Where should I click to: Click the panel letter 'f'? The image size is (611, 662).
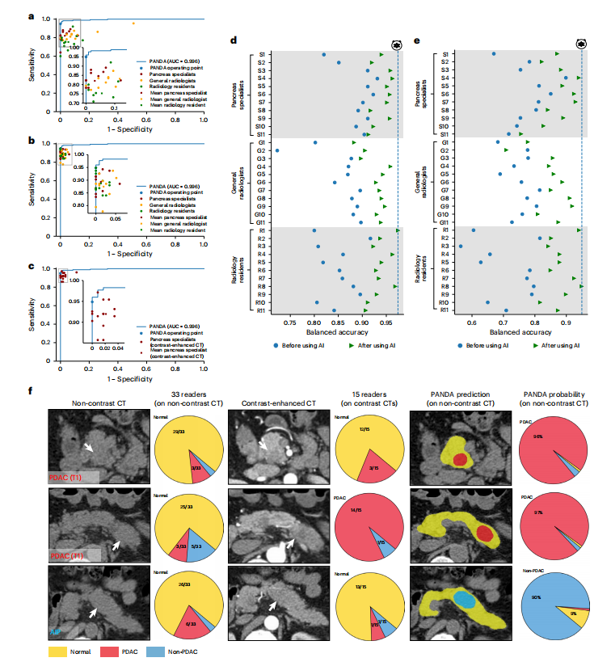pyautogui.click(x=32, y=392)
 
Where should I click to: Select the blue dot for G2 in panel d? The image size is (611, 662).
pyautogui.click(x=277, y=150)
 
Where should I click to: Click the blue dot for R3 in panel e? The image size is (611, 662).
pyautogui.click(x=461, y=246)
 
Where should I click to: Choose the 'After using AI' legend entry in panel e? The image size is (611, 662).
pyautogui.click(x=558, y=344)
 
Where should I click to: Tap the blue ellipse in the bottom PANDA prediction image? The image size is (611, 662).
pyautogui.click(x=463, y=599)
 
